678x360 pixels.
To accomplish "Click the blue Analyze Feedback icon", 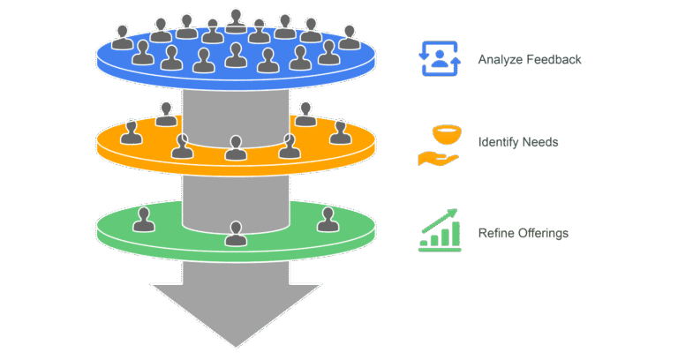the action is click(x=440, y=59).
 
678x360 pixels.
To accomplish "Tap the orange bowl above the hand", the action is click(x=447, y=134).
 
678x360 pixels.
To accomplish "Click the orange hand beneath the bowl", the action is click(x=438, y=159).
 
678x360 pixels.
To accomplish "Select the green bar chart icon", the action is click(x=440, y=230).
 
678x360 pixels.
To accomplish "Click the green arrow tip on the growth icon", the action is click(x=453, y=213).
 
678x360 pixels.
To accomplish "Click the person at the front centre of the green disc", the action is click(x=236, y=234).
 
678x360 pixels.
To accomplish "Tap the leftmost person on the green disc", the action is click(x=144, y=220).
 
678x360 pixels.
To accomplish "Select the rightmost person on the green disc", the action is click(x=328, y=220).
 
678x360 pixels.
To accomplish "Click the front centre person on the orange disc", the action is click(x=236, y=148).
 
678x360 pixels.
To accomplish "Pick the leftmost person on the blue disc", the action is click(x=123, y=37).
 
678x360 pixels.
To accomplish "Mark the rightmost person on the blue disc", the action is click(x=350, y=37).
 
